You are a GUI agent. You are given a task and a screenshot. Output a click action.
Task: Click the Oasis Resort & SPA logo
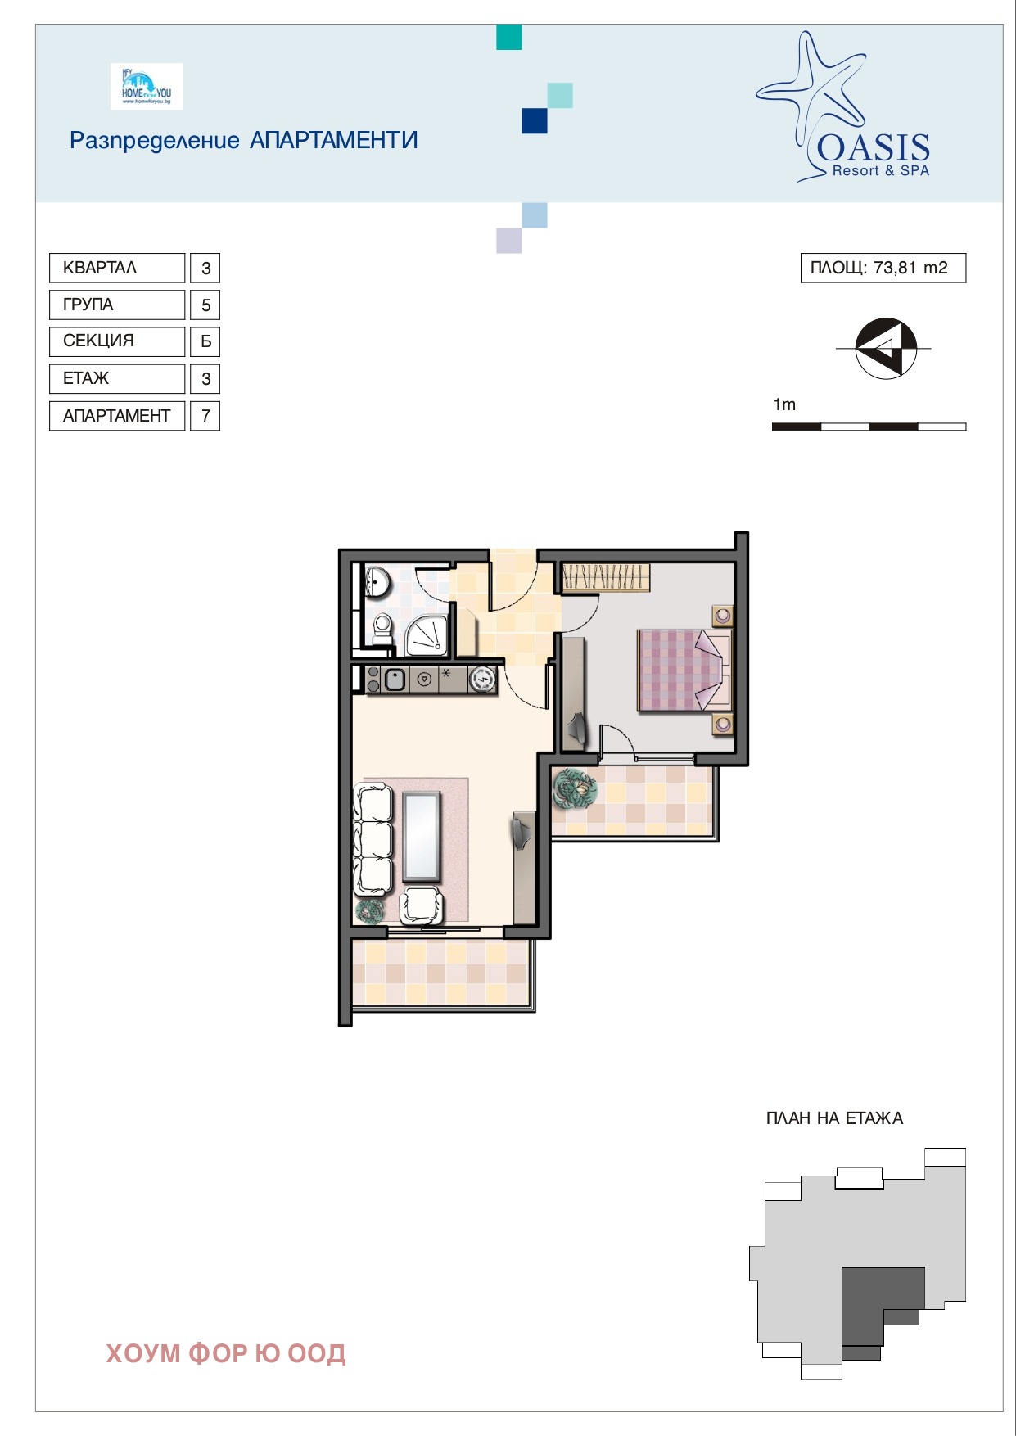pos(843,106)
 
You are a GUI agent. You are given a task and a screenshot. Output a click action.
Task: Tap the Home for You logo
pos(147,87)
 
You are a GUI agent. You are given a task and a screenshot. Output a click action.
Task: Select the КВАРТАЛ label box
pos(117,268)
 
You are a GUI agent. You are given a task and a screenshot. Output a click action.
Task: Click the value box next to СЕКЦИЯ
pos(205,341)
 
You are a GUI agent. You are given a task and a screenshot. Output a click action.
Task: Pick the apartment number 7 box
pos(205,416)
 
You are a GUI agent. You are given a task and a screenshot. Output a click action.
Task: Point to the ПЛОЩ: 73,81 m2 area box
pos(883,268)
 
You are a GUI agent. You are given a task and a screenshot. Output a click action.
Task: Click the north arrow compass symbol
pos(885,348)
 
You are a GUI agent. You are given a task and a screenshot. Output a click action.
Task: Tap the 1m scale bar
pos(869,427)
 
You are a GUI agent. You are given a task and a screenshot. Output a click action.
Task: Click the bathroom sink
pos(377,582)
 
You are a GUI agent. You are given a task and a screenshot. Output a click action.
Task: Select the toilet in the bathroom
pos(382,630)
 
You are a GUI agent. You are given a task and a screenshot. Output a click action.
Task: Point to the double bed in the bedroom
pos(684,670)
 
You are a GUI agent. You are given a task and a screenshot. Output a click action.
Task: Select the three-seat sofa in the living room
pos(373,839)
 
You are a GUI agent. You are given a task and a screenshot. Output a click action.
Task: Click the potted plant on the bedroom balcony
pos(576,788)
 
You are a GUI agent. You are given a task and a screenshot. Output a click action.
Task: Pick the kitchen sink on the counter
pos(395,680)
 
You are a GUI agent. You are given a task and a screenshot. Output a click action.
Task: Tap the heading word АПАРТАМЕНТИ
pos(334,140)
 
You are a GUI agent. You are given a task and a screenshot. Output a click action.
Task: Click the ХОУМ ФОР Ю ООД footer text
pos(226,1353)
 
